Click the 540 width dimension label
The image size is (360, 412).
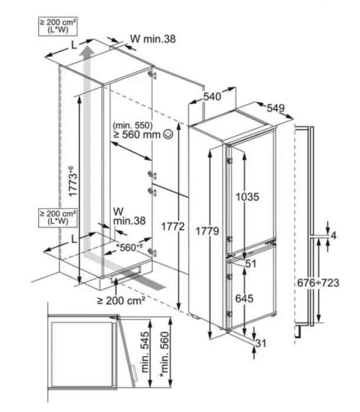coord(212,97)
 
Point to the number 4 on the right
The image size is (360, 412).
coord(332,236)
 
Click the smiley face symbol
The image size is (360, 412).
coord(168,134)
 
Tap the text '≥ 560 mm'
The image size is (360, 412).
coord(137,134)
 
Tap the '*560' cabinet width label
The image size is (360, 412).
coord(128,248)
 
